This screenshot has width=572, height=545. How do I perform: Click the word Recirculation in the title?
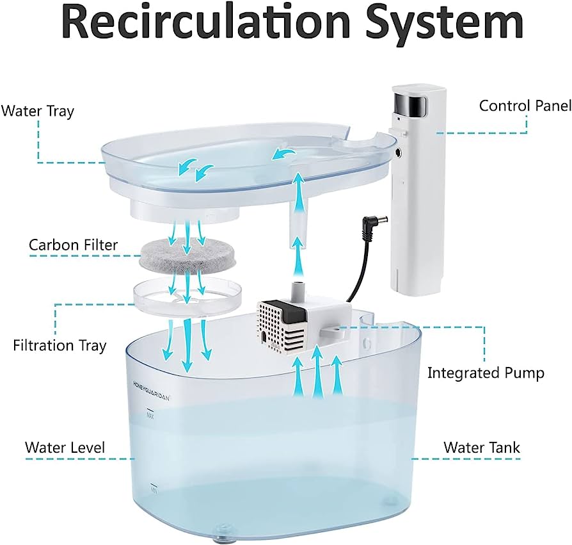tap(206, 22)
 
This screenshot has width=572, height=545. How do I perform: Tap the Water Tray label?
tap(38, 111)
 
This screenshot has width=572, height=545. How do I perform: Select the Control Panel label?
tap(525, 106)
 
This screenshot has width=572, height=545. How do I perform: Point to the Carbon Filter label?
tap(74, 245)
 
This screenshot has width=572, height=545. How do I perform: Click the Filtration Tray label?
tap(60, 346)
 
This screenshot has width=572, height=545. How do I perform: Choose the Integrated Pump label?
tap(486, 373)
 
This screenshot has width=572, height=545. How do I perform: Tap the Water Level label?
tap(65, 448)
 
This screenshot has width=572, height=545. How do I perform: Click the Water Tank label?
tap(482, 448)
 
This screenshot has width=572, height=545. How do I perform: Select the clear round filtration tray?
tap(187, 293)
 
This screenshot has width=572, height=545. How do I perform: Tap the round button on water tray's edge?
tap(399, 152)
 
